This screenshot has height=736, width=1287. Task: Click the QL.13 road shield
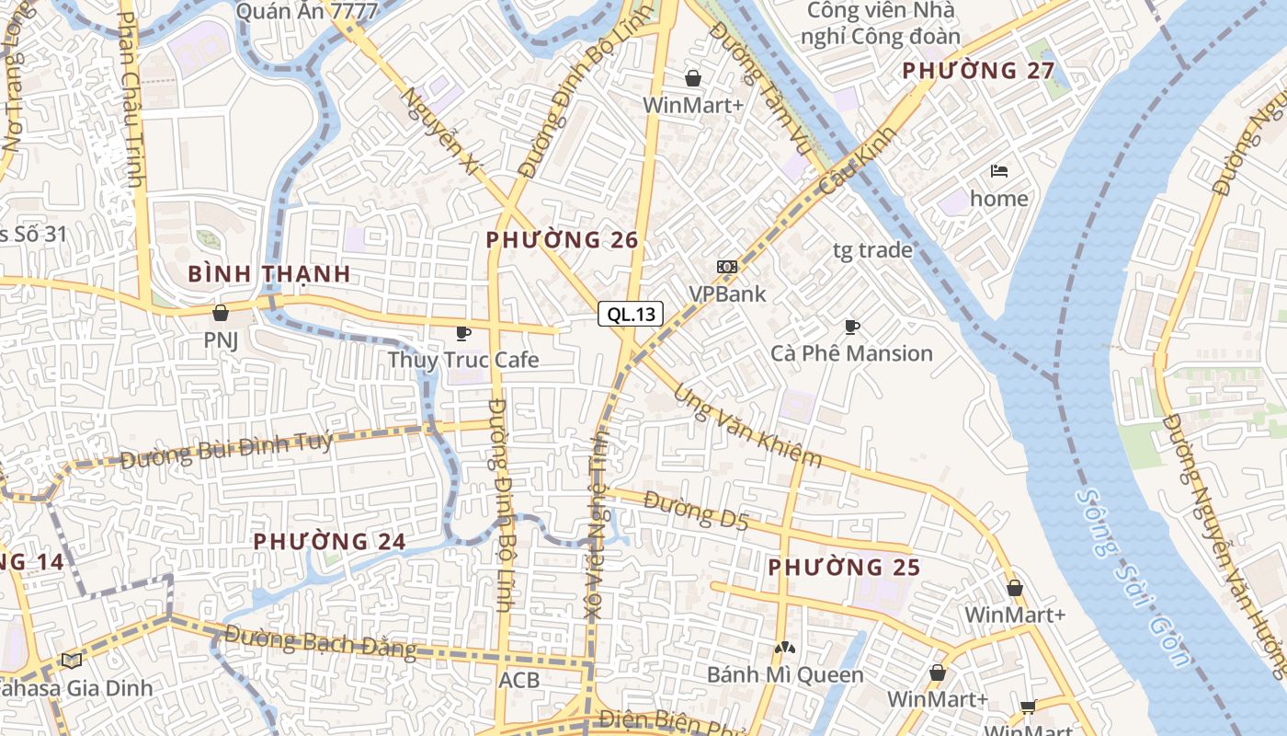click(631, 314)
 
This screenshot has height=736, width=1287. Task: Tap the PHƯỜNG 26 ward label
click(562, 240)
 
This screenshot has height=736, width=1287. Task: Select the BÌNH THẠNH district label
click(269, 273)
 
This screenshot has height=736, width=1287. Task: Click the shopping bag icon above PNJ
click(220, 313)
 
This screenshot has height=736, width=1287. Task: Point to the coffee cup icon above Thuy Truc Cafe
click(462, 332)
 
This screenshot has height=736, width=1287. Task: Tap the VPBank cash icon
click(727, 267)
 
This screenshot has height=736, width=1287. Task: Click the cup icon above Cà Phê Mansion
click(852, 327)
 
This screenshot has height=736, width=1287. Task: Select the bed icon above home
click(999, 171)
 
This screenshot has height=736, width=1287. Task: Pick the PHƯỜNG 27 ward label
click(978, 71)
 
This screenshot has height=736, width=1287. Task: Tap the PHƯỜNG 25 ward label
click(844, 568)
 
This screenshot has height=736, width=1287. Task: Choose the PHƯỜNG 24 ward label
click(329, 541)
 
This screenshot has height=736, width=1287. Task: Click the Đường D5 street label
click(696, 511)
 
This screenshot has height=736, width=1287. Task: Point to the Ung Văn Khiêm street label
click(747, 426)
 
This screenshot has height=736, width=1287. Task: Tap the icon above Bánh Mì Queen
click(784, 648)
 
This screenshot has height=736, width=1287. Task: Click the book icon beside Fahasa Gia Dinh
click(71, 660)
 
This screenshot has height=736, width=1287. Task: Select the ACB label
click(518, 681)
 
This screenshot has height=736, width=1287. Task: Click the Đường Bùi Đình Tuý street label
click(226, 450)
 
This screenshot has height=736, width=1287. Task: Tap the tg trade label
click(872, 249)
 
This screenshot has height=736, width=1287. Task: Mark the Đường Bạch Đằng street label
click(320, 641)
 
